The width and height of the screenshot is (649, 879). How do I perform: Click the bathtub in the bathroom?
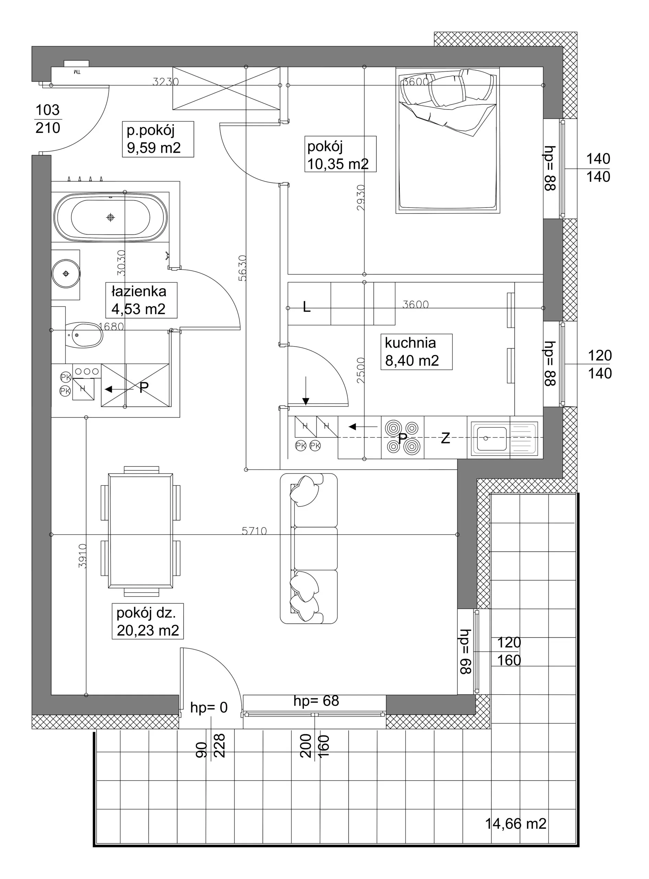(111, 217)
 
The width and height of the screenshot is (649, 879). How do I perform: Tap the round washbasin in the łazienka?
(66, 273)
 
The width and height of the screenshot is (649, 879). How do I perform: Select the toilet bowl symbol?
(84, 335)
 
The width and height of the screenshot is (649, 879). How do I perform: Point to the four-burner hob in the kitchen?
(402, 437)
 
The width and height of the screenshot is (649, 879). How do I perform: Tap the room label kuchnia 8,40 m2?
(416, 352)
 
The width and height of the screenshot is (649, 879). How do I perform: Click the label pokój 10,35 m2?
(340, 154)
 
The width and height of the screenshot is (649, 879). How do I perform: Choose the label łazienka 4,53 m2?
(141, 300)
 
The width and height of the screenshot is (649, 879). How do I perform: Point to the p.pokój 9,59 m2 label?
(158, 139)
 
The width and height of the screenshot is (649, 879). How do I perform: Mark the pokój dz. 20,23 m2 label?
(148, 621)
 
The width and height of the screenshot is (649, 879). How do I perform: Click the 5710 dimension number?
(254, 531)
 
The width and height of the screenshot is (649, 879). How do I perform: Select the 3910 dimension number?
(82, 556)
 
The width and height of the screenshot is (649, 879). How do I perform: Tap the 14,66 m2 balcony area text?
(515, 824)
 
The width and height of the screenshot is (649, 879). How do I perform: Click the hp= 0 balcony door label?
(209, 707)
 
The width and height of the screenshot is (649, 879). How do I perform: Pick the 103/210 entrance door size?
(48, 119)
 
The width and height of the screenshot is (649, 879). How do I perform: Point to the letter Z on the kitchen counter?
(445, 438)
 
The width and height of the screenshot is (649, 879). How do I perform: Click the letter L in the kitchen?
(307, 307)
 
